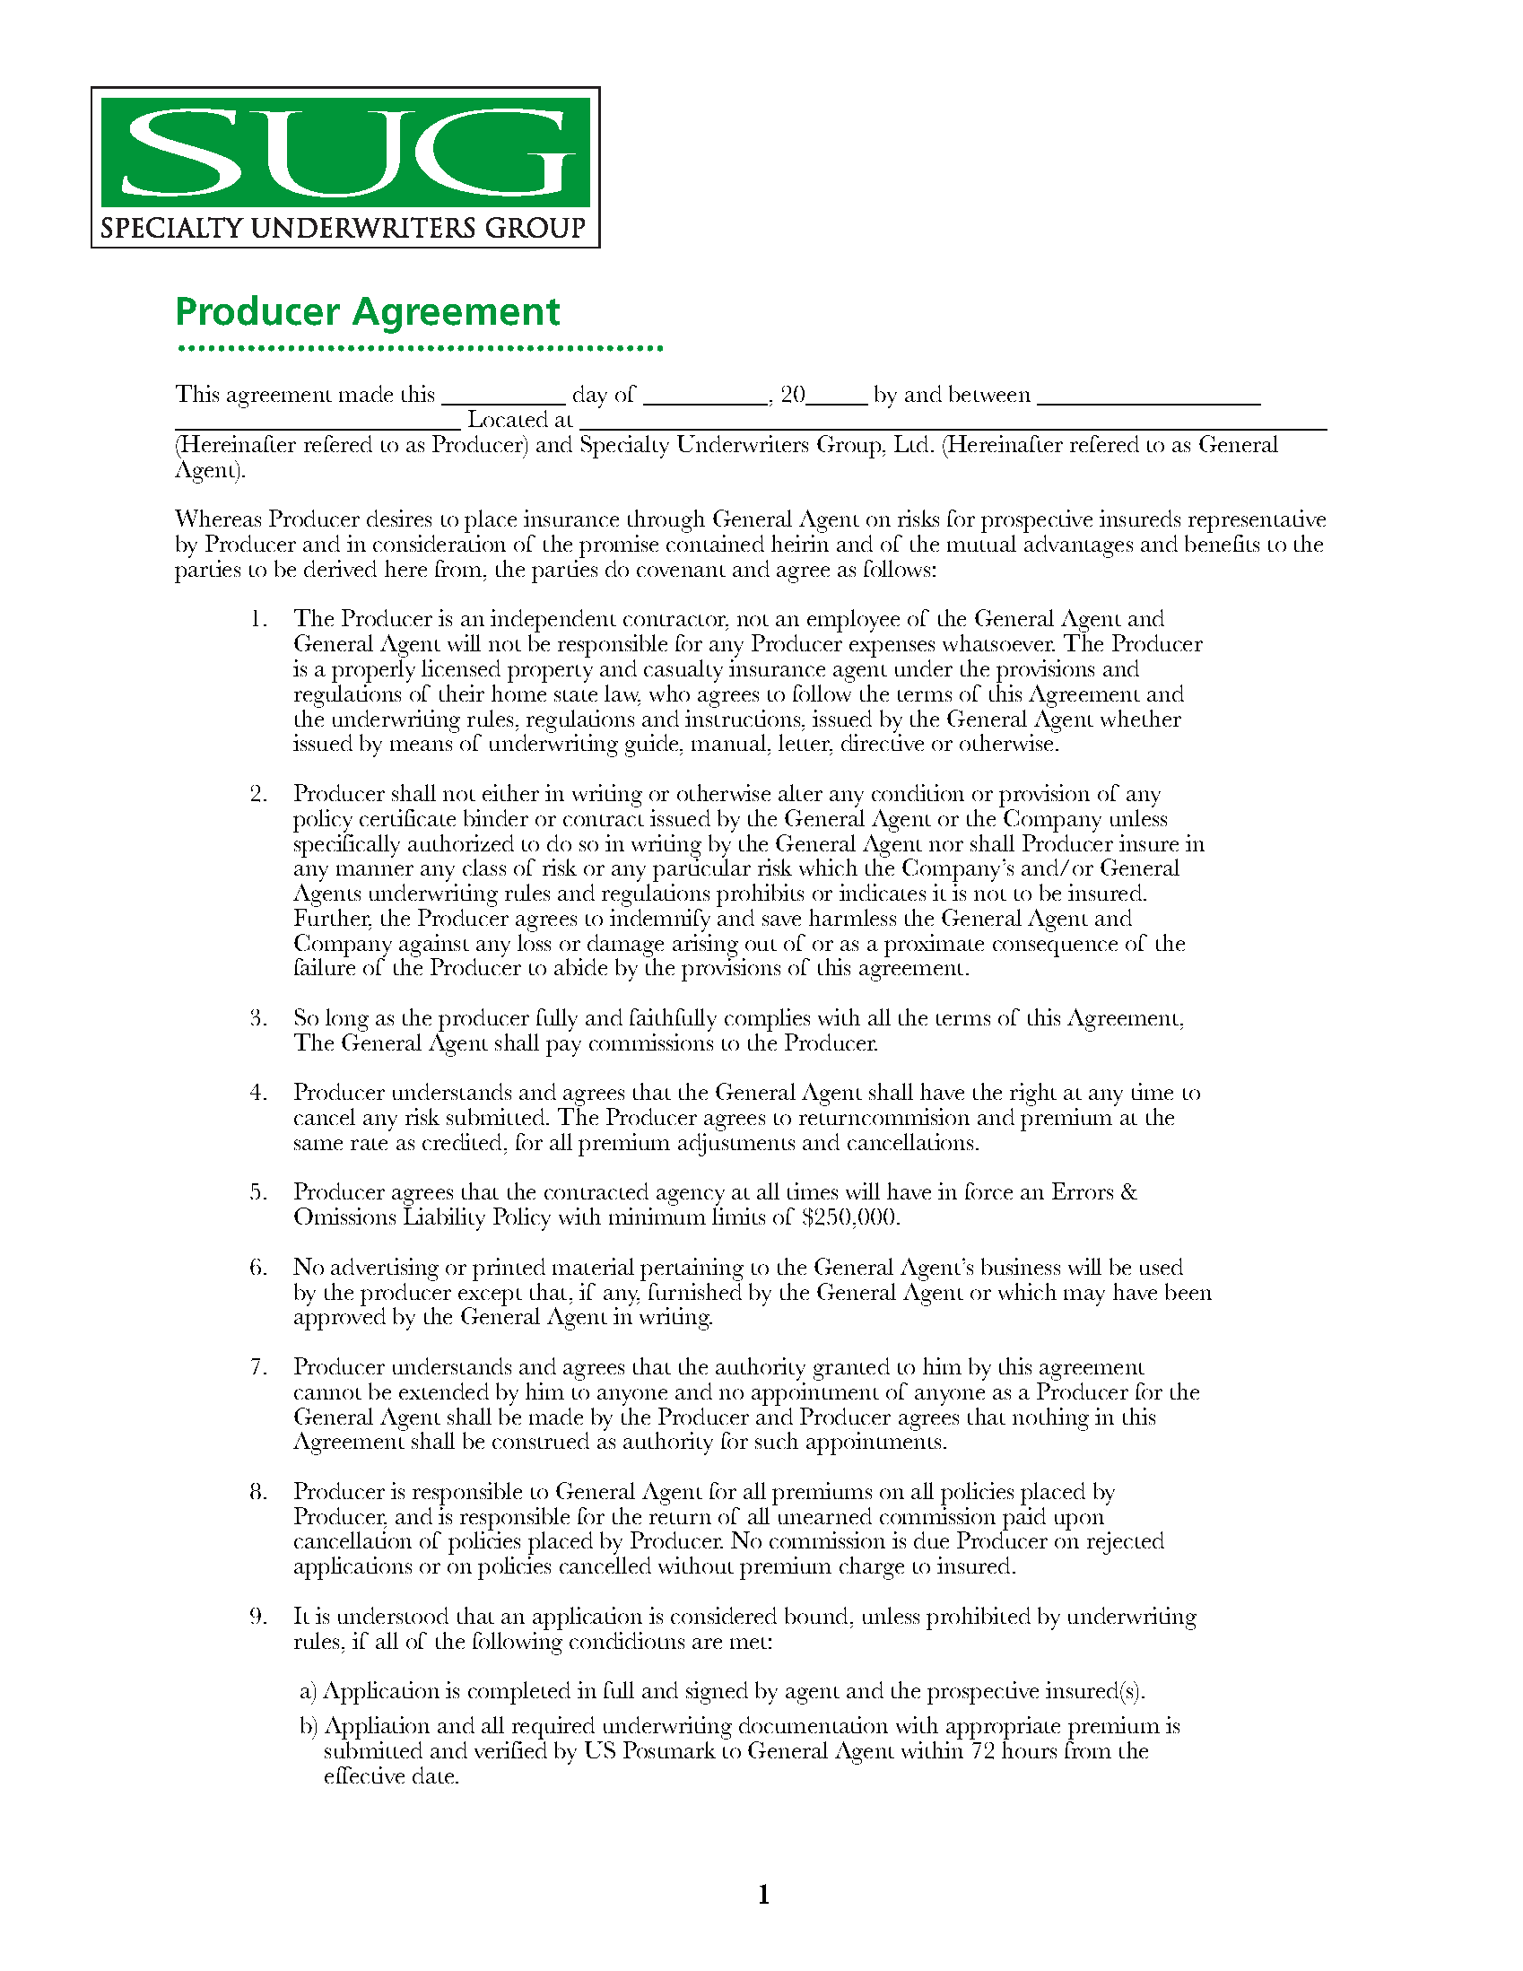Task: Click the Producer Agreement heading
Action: (367, 312)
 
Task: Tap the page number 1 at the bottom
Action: (763, 1894)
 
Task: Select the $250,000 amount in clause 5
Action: (851, 1217)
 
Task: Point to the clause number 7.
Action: (258, 1367)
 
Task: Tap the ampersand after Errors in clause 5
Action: (1127, 1192)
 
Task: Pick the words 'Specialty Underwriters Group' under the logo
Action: (343, 228)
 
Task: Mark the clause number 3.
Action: (258, 1018)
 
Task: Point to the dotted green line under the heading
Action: (420, 348)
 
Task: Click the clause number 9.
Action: (258, 1617)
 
